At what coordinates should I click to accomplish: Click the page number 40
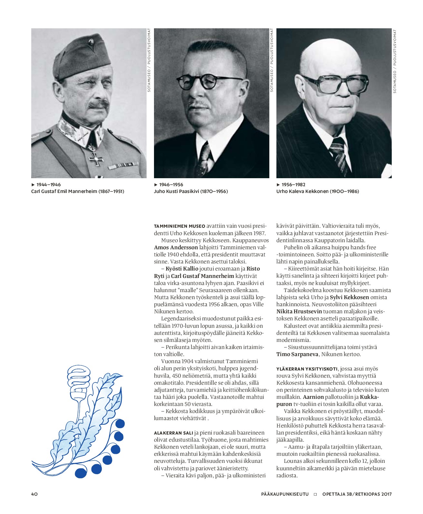(x=34, y=494)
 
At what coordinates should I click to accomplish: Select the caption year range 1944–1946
(x=48, y=185)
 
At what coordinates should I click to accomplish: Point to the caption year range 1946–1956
(x=171, y=185)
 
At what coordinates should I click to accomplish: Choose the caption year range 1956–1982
(x=293, y=185)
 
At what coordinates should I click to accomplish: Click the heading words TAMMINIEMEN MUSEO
(x=179, y=226)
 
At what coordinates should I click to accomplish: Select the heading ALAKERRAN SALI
(x=173, y=433)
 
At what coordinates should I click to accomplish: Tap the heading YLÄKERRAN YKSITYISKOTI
(x=307, y=369)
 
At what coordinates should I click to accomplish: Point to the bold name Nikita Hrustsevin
(x=299, y=311)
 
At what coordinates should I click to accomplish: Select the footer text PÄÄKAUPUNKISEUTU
(x=285, y=494)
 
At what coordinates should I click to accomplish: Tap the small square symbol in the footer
(x=315, y=494)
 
